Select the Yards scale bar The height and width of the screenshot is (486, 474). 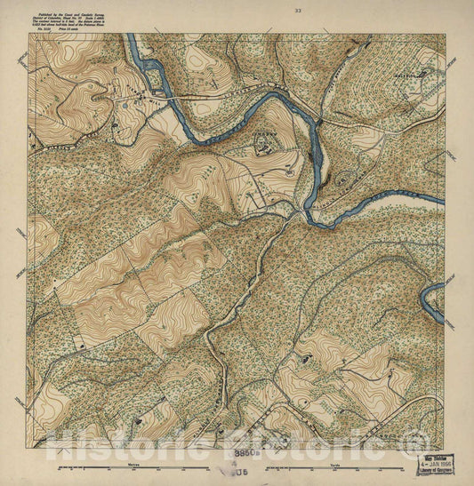click(356, 466)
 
